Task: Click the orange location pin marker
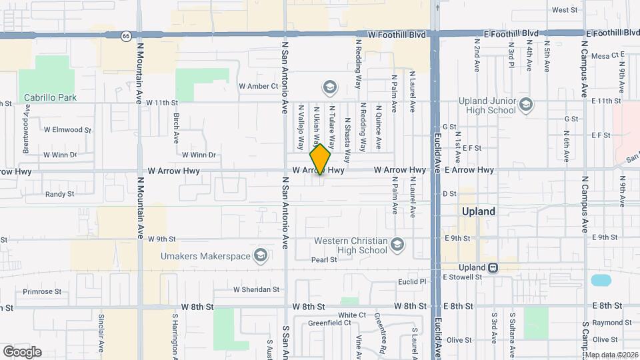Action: [321, 159]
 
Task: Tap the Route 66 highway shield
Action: [125, 36]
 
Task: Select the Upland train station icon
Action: [493, 267]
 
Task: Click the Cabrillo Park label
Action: [50, 97]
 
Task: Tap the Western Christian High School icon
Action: [397, 244]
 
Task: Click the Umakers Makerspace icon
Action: [260, 255]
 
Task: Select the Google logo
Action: [22, 352]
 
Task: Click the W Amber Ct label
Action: [258, 87]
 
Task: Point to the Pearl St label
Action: [324, 260]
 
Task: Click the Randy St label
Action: [59, 194]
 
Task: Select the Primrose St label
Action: [42, 291]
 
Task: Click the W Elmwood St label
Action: [66, 130]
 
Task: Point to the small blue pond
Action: [600, 280]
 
